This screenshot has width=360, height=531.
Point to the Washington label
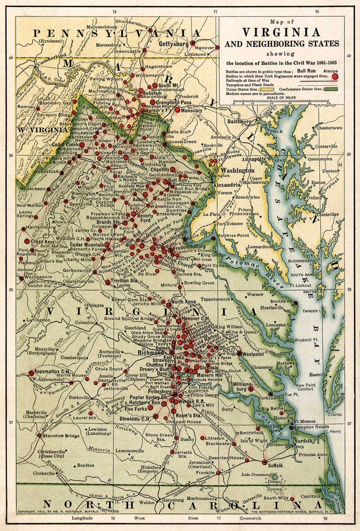tap(238, 170)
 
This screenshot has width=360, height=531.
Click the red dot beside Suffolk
tap(265, 462)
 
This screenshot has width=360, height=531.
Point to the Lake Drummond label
tap(256, 474)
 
